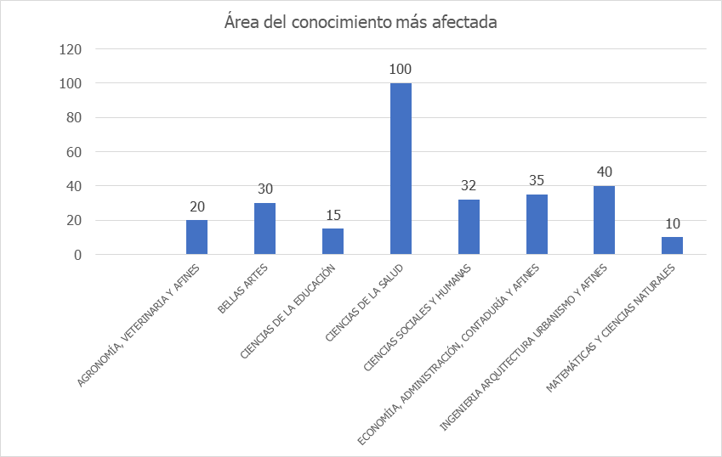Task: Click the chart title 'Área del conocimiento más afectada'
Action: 361,22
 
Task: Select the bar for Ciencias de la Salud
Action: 401,169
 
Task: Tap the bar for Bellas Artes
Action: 264,228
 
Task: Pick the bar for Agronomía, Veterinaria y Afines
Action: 196,237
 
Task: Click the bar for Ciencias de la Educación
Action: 333,241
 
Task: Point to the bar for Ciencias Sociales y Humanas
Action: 469,227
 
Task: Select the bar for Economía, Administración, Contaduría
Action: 537,224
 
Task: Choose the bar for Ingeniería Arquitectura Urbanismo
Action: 605,220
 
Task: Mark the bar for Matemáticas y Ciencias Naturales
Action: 672,245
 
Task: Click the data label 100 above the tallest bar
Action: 401,69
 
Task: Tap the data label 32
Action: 469,184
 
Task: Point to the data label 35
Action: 537,180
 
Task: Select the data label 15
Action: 333,214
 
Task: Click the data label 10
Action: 672,223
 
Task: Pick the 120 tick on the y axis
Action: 70,49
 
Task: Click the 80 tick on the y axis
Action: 73,118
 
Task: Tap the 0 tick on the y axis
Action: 77,255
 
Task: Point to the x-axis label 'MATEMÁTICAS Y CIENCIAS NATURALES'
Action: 611,329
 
